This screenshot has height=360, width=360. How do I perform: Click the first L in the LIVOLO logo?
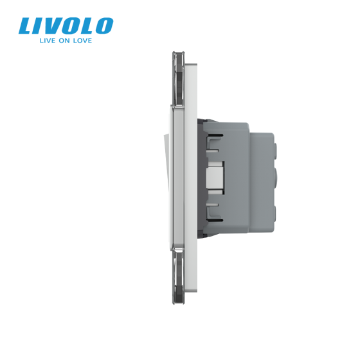26,26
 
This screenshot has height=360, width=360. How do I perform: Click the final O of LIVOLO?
102,26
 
